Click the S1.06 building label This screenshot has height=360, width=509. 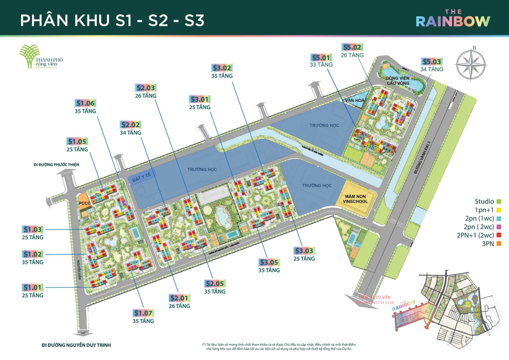[85, 103]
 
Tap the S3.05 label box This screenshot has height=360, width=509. [269, 262]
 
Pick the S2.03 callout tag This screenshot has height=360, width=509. [146, 88]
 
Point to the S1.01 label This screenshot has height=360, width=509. [33, 287]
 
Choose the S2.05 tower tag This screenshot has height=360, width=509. [215, 284]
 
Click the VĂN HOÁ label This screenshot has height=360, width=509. [354, 102]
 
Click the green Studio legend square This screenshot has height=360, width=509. [499, 201]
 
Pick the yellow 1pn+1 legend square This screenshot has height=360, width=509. [499, 210]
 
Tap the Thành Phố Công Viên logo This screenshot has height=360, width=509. [41, 57]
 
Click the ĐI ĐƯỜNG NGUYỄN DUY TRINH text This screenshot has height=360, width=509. [76, 345]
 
